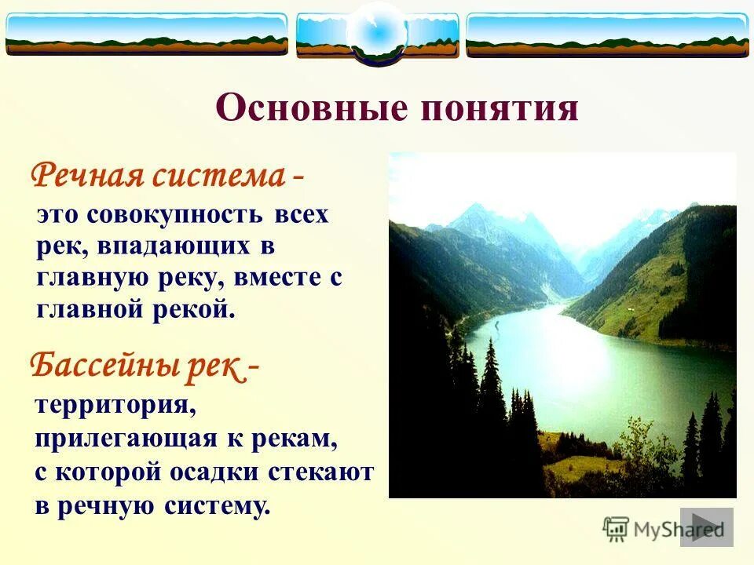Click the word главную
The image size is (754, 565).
point(87,278)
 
